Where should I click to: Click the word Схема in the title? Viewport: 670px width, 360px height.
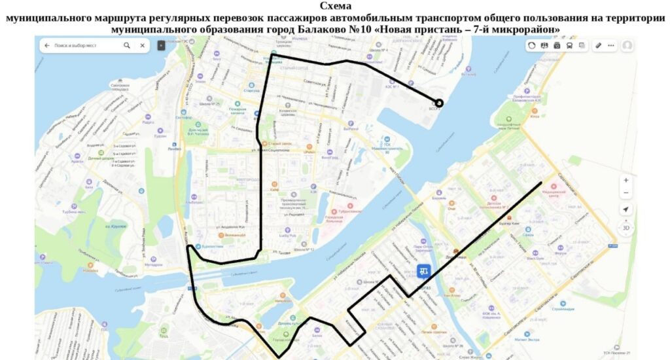coord(335,6)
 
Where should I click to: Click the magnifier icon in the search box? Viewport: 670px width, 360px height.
coord(127,46)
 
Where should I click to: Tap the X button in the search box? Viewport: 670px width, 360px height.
coord(143,46)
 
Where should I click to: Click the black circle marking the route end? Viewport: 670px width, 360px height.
coord(439,103)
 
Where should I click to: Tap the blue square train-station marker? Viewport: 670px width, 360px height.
coord(424,271)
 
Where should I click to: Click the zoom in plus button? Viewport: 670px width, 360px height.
coord(626,180)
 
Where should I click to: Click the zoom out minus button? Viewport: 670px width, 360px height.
coord(626,192)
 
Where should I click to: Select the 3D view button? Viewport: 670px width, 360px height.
coord(626,228)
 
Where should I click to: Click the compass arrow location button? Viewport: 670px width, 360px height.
coord(626,209)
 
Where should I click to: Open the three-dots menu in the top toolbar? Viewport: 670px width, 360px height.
coord(611,46)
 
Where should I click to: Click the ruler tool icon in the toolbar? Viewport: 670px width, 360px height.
coord(598,46)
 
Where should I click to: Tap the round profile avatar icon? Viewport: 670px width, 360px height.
coord(627,46)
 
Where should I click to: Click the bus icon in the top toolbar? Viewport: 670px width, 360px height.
coord(569,46)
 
